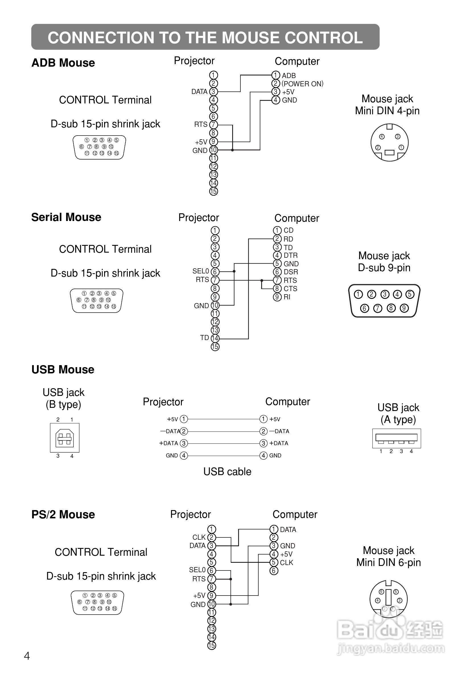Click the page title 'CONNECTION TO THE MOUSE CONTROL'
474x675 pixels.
tap(205, 38)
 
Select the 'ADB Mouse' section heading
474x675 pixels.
tap(63, 63)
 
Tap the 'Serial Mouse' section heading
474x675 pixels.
tap(66, 217)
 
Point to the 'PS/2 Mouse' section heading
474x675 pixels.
tap(63, 514)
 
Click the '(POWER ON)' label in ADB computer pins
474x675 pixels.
tap(302, 84)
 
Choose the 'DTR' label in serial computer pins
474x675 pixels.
tap(290, 255)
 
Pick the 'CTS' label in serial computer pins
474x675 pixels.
tap(290, 289)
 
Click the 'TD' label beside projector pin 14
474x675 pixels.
tap(204, 338)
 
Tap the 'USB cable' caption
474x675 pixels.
tap(227, 472)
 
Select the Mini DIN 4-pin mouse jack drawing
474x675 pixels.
tap(389, 143)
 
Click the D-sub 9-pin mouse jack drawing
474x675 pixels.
tap(384, 301)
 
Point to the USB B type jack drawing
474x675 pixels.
tap(65, 438)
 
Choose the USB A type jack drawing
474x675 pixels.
tap(396, 438)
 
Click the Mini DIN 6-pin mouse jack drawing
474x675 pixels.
tap(389, 599)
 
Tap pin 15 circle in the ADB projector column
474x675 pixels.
tap(213, 191)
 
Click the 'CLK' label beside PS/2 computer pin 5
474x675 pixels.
tap(286, 563)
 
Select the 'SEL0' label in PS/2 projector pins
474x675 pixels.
tap(197, 570)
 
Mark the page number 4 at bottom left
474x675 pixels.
tap(27, 656)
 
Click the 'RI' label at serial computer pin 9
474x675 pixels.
tap(287, 297)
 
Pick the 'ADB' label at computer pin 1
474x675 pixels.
tap(289, 75)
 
